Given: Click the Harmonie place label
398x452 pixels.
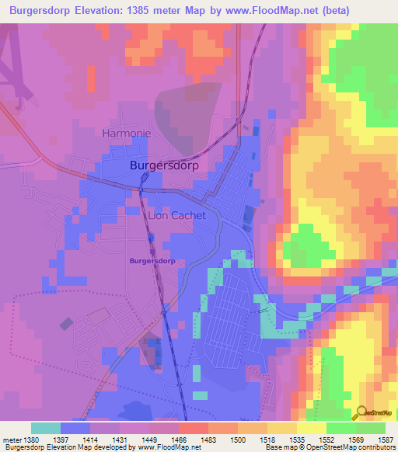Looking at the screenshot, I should tap(126, 133).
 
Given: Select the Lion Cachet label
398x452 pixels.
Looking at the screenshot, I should tap(177, 215).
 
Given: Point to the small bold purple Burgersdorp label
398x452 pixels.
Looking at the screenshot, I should tap(152, 262).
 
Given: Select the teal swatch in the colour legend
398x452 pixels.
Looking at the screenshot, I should tap(46, 428).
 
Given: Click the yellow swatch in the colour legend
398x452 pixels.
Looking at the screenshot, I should tap(311, 428).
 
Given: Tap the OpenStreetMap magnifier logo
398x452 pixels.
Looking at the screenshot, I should tap(362, 412).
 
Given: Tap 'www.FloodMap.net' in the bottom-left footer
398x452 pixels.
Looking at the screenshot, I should tap(166, 448).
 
